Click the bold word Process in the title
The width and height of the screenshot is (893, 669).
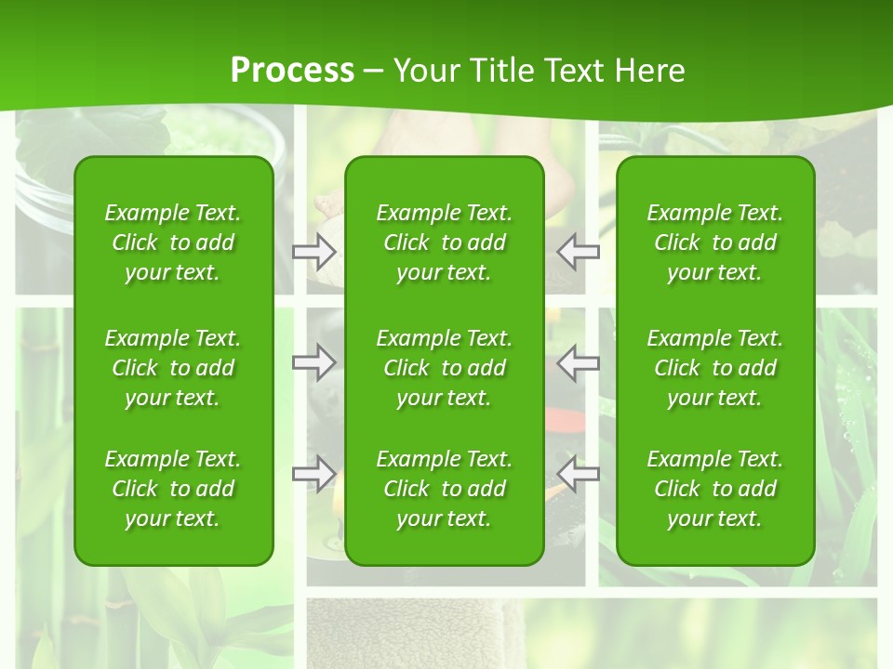click(292, 71)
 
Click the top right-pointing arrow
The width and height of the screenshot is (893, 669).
click(313, 251)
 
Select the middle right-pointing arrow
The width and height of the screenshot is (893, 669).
click(313, 362)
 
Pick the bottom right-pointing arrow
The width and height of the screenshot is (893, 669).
click(313, 474)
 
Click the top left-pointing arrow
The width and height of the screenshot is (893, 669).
click(579, 251)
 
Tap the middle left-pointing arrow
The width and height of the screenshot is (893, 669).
click(579, 362)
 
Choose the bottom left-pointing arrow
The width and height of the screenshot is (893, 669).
click(579, 474)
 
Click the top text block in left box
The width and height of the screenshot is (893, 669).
click(173, 243)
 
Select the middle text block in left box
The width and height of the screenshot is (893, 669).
click(173, 368)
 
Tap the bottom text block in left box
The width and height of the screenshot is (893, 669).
click(173, 489)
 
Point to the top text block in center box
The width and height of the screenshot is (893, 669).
click(444, 243)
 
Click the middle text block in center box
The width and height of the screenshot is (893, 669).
click(444, 368)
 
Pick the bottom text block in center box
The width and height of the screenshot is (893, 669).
click(444, 489)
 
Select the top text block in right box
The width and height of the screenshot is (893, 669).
click(714, 243)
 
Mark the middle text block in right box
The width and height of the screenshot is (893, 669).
click(714, 368)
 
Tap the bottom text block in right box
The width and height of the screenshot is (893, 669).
click(714, 489)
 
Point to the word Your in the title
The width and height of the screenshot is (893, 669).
click(423, 71)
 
